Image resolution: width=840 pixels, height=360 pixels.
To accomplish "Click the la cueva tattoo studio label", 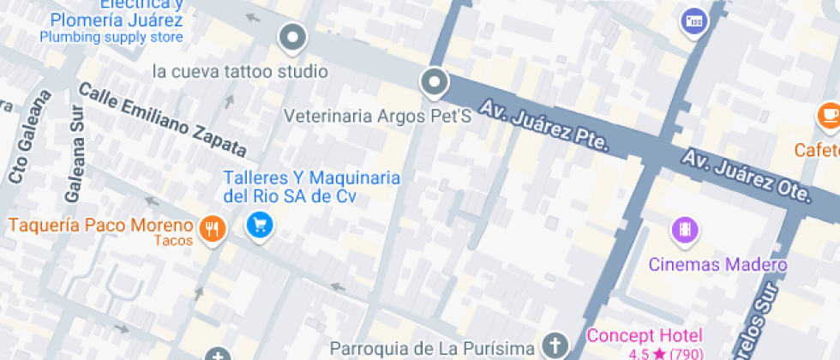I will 240,71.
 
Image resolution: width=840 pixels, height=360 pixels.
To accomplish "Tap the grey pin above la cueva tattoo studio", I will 293,37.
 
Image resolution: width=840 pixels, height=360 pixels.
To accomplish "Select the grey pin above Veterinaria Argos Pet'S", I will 435,83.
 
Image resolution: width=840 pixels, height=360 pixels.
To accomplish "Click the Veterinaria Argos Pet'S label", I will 378,115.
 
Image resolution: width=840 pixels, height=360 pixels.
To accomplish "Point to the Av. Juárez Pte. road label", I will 543,126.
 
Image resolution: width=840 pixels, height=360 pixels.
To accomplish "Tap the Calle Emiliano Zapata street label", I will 162,121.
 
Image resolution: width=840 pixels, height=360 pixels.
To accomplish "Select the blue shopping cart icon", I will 259,225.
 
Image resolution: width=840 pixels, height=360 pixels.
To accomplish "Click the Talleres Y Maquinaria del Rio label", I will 312,187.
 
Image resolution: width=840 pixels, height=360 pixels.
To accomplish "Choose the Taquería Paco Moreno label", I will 100,225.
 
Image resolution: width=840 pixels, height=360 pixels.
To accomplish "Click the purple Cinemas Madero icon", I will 684,230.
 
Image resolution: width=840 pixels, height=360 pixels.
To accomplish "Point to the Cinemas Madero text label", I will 717,265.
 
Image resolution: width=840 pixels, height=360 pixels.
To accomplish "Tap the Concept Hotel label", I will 644,335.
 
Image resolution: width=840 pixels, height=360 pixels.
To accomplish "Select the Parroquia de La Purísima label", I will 434,349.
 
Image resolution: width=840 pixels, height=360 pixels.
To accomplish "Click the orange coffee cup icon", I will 829,115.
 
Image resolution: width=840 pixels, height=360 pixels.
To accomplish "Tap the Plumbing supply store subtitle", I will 111,37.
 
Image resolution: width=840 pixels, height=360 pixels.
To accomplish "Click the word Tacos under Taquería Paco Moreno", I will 173,241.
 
